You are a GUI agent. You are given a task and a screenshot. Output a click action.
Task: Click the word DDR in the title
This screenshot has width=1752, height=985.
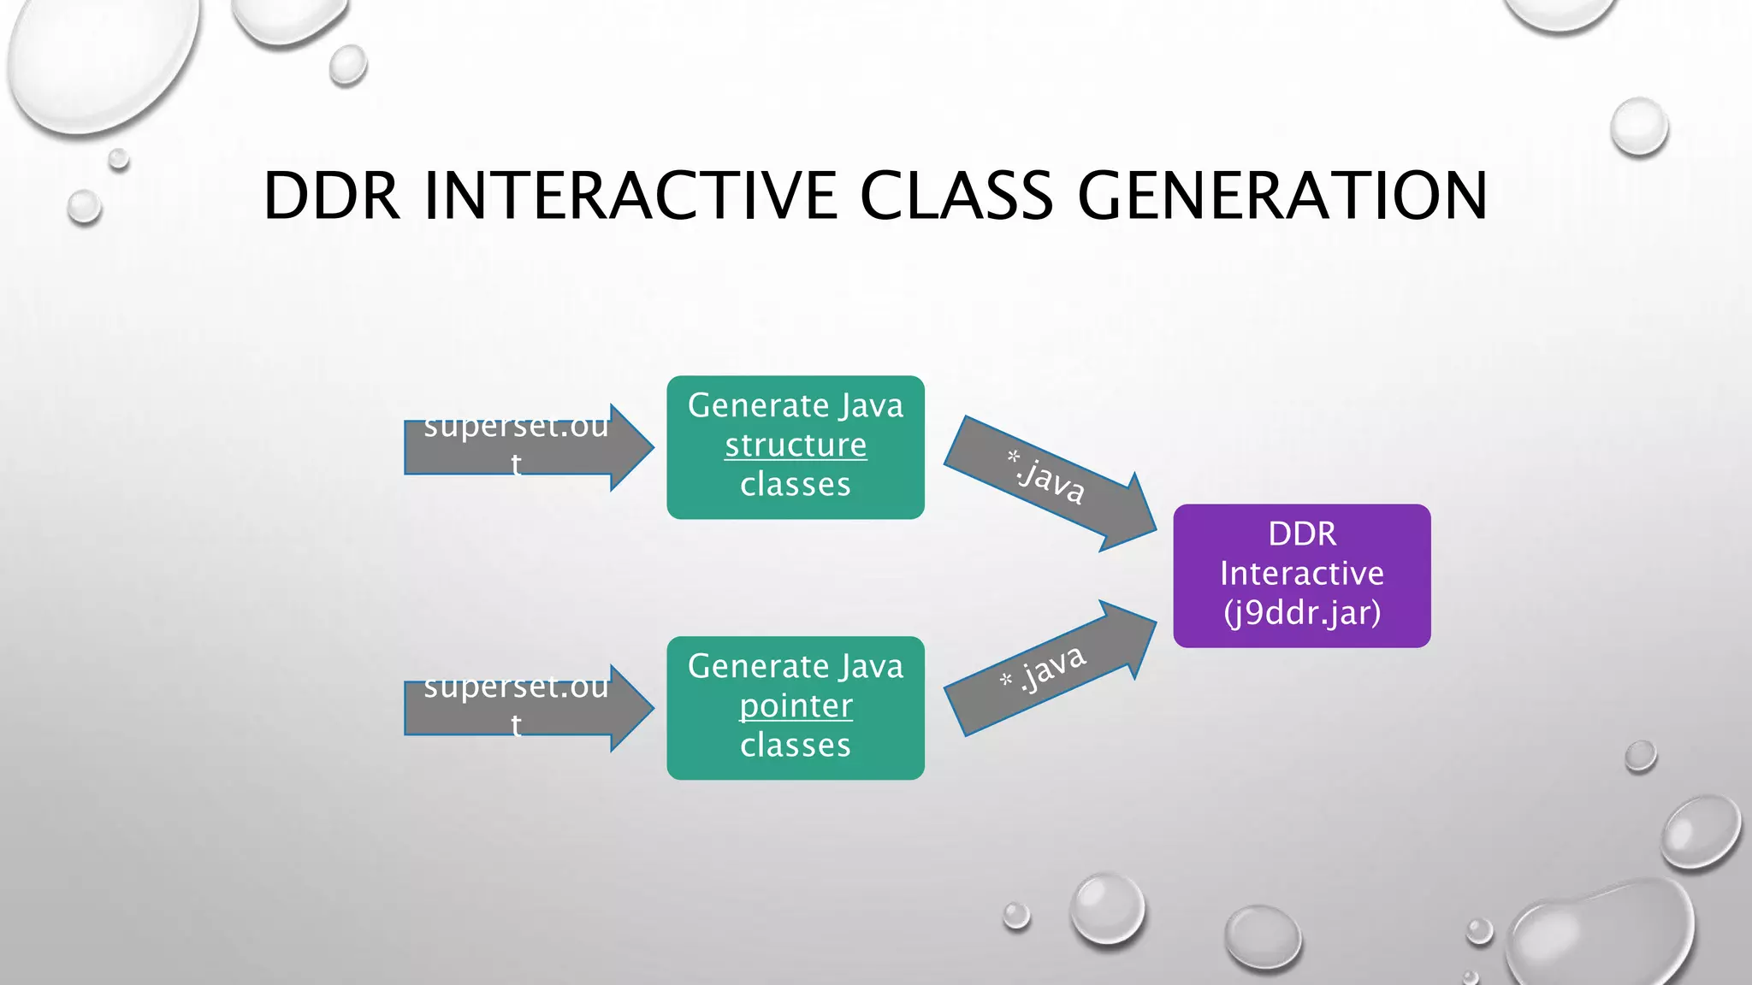[331, 196]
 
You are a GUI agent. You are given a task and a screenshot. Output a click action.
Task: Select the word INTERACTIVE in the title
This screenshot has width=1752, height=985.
[630, 196]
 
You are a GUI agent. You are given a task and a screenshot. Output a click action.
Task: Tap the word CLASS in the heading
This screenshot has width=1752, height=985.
[956, 196]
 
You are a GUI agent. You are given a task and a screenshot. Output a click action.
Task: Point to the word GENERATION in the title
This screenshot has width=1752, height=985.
[1281, 196]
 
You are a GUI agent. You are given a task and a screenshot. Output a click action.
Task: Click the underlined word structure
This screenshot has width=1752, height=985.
[796, 445]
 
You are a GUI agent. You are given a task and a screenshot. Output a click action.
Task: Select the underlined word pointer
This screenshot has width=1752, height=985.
[796, 706]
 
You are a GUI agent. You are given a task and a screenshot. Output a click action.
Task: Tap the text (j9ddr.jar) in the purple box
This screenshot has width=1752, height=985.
[1301, 613]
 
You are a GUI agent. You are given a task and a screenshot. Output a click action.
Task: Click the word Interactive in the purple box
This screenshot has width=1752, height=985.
[1301, 574]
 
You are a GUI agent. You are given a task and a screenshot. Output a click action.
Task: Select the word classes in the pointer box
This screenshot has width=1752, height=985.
[796, 746]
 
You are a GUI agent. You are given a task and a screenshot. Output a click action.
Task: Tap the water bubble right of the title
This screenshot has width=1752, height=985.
[1638, 127]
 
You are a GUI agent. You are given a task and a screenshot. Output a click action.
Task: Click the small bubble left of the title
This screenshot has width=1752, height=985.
[84, 207]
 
